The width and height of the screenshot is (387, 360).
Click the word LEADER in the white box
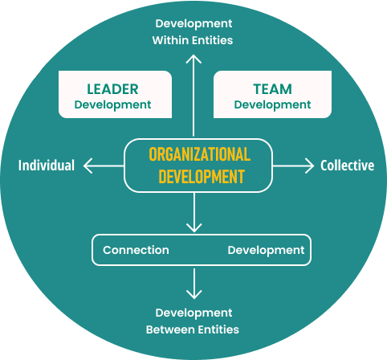pyautogui.click(x=112, y=89)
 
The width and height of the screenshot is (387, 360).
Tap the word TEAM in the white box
pyautogui.click(x=272, y=89)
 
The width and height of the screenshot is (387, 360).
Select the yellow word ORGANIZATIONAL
pyautogui.click(x=200, y=154)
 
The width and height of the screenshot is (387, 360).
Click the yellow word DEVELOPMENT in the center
pyautogui.click(x=202, y=177)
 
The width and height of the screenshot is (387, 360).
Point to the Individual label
pyautogui.click(x=47, y=166)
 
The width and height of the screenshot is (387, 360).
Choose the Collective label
pyautogui.click(x=348, y=166)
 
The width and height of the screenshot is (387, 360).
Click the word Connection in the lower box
pyautogui.click(x=136, y=250)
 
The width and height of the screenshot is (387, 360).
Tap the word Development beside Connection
pyautogui.click(x=266, y=251)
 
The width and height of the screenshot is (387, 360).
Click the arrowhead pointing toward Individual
pyautogui.click(x=88, y=166)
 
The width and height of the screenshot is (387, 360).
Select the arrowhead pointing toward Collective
pyautogui.click(x=310, y=166)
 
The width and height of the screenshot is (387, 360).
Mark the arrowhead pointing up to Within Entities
pyautogui.click(x=193, y=59)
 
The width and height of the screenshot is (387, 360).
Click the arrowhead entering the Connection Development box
pyautogui.click(x=193, y=228)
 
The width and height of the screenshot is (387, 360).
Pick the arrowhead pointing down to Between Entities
pyautogui.click(x=193, y=295)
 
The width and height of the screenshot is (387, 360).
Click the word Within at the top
pyautogui.click(x=170, y=40)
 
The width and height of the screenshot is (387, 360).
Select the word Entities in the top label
pyautogui.click(x=212, y=40)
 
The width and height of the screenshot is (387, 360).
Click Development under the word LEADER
pyautogui.click(x=112, y=105)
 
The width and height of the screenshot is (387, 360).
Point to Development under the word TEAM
pyautogui.click(x=272, y=105)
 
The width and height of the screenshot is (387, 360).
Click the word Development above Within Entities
pyautogui.click(x=193, y=24)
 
